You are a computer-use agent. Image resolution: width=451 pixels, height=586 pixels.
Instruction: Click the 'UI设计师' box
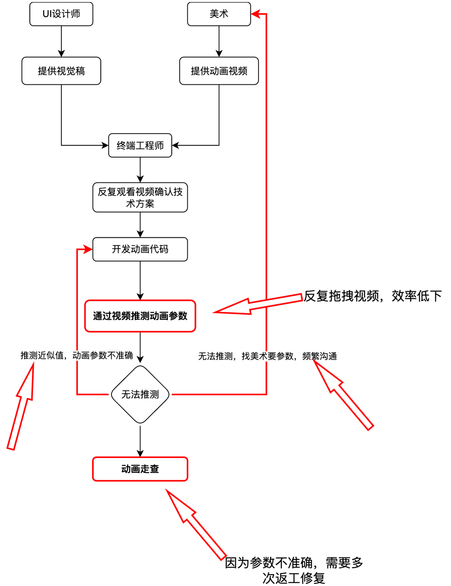coord(61,14)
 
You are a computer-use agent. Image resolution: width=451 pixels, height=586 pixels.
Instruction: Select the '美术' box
coord(219,14)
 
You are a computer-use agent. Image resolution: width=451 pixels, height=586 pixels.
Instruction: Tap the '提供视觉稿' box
coord(61,71)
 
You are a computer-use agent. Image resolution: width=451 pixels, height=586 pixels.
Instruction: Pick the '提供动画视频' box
coord(219,71)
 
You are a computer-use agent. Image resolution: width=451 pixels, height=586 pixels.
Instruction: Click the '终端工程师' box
coord(140,146)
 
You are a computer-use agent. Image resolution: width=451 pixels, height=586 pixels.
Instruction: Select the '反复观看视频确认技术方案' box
coord(140,197)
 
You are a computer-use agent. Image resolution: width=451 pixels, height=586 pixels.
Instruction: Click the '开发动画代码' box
coord(140,249)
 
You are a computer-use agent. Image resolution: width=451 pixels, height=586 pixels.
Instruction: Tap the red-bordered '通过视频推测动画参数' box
coord(140,316)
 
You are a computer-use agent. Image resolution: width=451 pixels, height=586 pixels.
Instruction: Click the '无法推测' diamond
coord(140,395)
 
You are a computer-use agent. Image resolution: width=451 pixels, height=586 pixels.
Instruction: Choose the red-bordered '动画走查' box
coord(140,469)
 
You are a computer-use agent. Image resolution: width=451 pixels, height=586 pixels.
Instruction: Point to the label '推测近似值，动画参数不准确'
coord(76,355)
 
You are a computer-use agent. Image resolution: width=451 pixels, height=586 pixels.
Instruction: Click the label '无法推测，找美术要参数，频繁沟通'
coord(267,356)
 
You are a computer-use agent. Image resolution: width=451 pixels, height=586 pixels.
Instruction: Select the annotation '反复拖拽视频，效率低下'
coord(372,296)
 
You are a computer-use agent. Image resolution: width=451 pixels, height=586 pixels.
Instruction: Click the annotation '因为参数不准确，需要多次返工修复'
coord(294,570)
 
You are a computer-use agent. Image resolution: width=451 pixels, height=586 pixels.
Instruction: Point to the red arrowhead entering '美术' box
coord(256,14)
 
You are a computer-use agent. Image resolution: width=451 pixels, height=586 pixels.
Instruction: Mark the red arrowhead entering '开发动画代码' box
coord(87,249)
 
